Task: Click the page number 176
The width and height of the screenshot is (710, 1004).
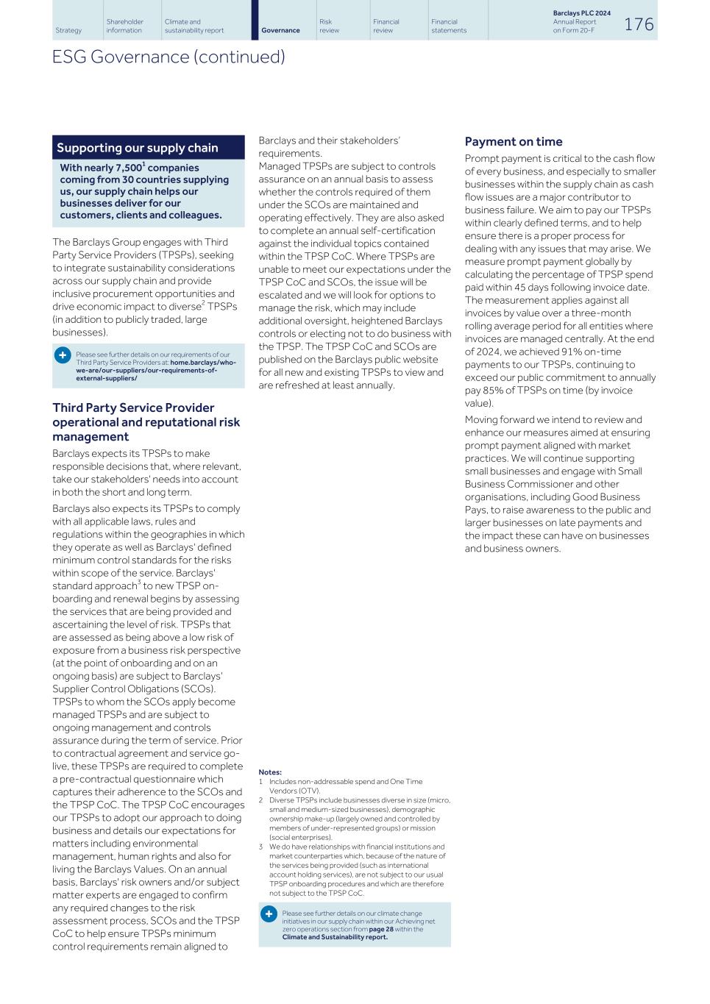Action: [x=639, y=24]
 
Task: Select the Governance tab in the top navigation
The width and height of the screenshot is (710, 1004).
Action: [x=280, y=30]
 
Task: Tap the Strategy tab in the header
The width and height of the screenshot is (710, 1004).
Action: [x=68, y=30]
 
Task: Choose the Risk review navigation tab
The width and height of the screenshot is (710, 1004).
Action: [x=329, y=26]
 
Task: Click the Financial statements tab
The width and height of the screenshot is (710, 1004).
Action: [x=449, y=26]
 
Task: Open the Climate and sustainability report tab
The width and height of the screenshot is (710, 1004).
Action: [x=194, y=26]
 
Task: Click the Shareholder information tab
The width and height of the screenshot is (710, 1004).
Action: [x=125, y=26]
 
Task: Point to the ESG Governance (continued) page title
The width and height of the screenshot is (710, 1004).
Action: [x=168, y=57]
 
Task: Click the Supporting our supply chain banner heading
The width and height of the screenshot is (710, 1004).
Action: [x=138, y=148]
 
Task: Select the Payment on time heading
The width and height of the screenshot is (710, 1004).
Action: [x=514, y=142]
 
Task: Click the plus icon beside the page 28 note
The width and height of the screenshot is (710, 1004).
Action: [x=269, y=914]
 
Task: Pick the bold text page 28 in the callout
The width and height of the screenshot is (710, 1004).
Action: [x=381, y=929]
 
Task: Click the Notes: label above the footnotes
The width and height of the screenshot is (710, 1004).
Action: [x=270, y=772]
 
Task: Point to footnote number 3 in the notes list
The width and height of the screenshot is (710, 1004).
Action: [x=260, y=847]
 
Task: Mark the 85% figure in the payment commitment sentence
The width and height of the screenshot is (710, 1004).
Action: [x=498, y=391]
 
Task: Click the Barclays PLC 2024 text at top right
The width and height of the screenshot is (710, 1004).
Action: [x=581, y=13]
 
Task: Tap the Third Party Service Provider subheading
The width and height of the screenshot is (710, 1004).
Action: [x=133, y=408]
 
